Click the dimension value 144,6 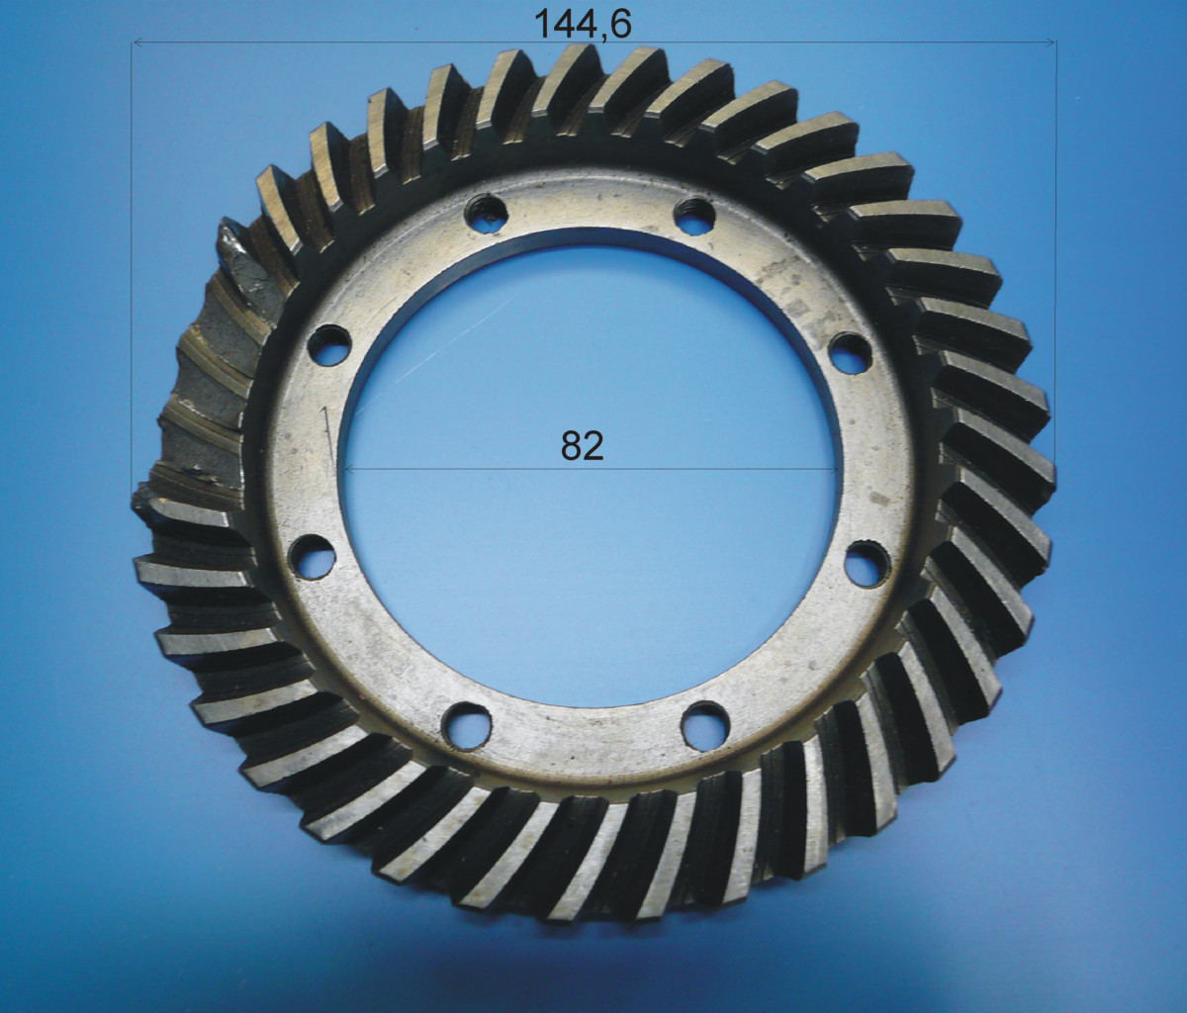coord(583,24)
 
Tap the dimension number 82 coord(583,446)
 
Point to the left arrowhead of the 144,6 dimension coord(137,42)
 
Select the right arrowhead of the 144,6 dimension coord(1050,42)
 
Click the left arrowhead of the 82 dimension coord(349,469)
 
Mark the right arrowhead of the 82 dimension coord(833,469)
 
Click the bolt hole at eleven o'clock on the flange coord(487,214)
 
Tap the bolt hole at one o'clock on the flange coord(694,216)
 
